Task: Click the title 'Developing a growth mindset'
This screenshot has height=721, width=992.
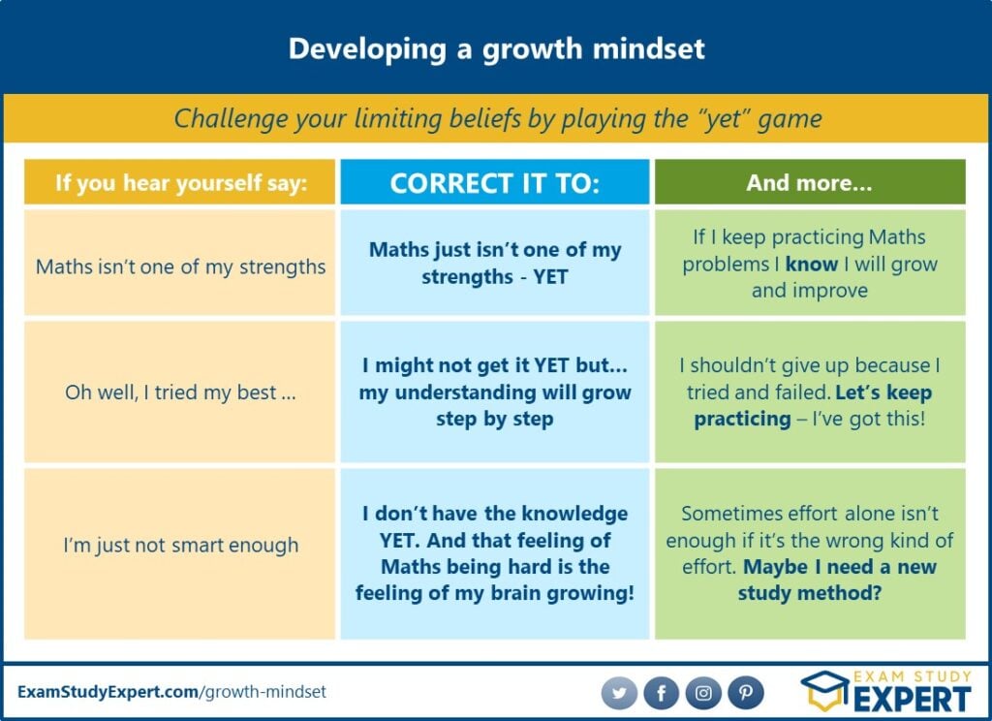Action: click(496, 49)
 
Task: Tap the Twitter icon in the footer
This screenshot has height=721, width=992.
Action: click(619, 693)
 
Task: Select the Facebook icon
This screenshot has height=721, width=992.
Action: click(661, 693)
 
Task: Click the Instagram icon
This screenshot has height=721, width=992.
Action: click(703, 693)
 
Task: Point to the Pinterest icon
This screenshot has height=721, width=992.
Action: click(746, 693)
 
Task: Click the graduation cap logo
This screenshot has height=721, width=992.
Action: click(825, 691)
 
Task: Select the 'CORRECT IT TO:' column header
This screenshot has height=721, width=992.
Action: click(495, 182)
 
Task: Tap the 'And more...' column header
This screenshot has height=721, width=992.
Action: click(810, 182)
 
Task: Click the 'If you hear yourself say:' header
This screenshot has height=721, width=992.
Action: click(179, 182)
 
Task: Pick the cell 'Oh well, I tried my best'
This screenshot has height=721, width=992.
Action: click(179, 392)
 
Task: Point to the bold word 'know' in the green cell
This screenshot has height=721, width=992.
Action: click(812, 264)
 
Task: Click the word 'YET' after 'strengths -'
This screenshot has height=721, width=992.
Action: click(550, 276)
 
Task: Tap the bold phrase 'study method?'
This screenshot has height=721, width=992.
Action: click(809, 593)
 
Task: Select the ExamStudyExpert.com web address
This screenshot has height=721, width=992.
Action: click(171, 691)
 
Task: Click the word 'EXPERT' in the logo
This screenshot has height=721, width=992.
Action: click(913, 699)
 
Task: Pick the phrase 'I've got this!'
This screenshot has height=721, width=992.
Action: click(869, 419)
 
